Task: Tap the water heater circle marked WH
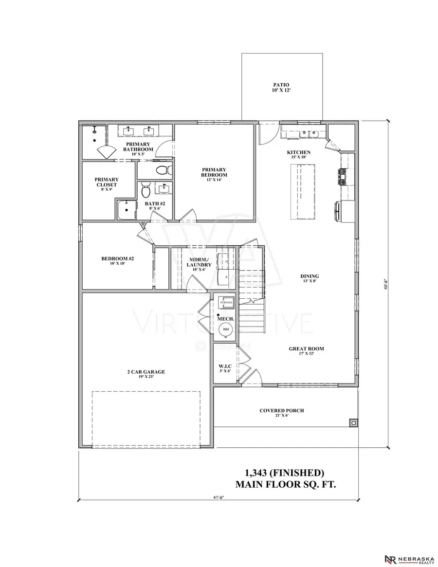226,329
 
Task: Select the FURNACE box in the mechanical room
226,302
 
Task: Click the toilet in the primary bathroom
163,170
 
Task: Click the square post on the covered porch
352,423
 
